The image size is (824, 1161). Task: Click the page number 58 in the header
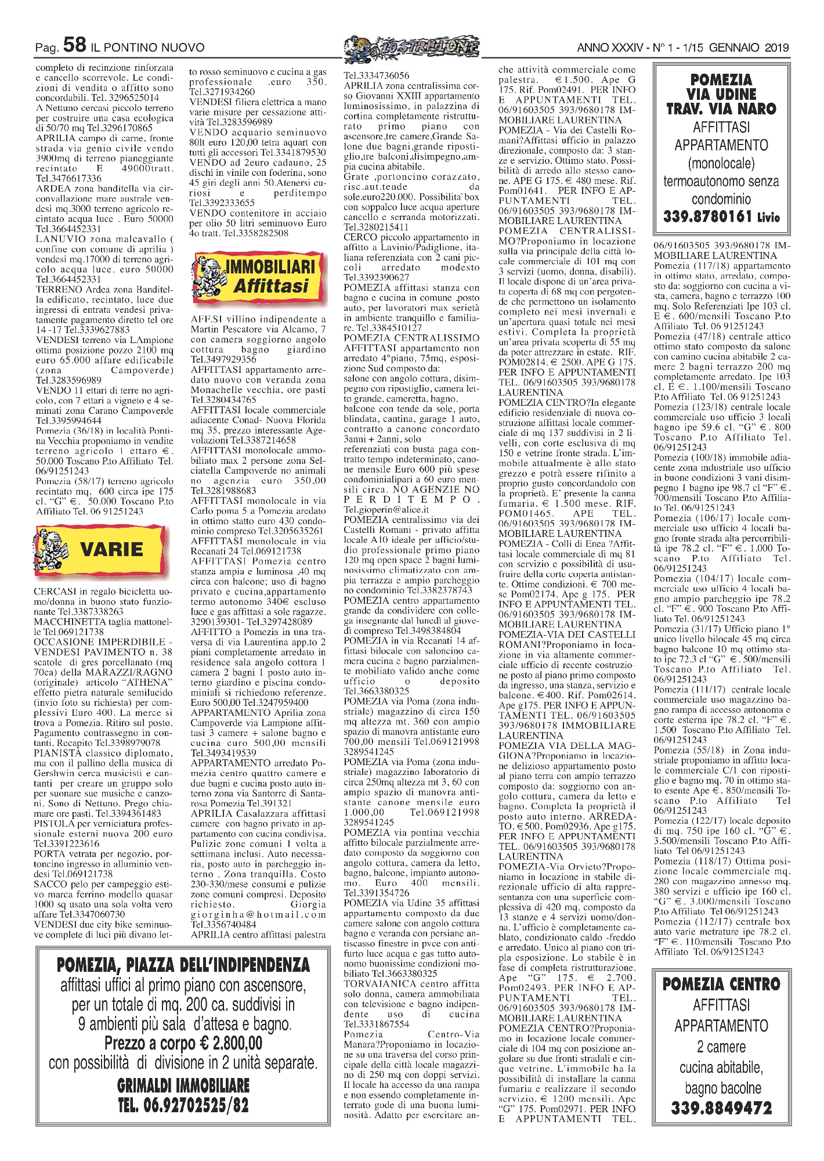pyautogui.click(x=75, y=45)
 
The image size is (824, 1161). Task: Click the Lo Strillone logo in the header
pyautogui.click(x=411, y=46)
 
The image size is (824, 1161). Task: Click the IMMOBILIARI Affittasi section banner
pyautogui.click(x=258, y=277)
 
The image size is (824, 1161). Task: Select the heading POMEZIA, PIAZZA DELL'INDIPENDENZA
pyautogui.click(x=183, y=965)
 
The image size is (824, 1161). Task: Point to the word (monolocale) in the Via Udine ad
pyautogui.click(x=721, y=163)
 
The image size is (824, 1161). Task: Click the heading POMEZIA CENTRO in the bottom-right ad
pyautogui.click(x=721, y=984)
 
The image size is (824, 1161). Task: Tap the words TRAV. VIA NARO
pyautogui.click(x=721, y=109)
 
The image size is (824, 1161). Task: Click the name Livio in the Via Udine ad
pyautogui.click(x=769, y=218)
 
